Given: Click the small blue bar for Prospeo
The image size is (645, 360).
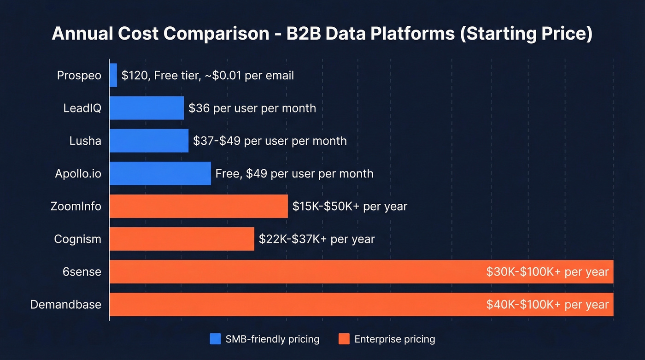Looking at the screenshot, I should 113,75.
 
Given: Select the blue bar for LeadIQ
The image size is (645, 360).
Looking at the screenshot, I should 147,108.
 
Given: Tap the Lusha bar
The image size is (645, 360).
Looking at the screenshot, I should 149,141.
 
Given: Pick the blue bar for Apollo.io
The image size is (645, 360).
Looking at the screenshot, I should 160,173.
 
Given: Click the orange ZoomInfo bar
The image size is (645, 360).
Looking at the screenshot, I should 199,206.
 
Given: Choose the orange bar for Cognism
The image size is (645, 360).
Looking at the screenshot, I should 182,239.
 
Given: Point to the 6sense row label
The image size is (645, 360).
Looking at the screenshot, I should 82,272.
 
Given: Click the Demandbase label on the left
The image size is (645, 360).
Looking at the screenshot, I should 66,305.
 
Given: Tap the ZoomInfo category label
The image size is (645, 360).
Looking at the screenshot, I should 76,206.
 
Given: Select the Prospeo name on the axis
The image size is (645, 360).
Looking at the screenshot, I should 79,75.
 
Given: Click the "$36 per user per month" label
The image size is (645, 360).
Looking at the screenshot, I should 252,108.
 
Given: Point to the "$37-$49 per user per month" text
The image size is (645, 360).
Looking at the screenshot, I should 270,141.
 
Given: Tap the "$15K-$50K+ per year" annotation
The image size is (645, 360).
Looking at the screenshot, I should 350,206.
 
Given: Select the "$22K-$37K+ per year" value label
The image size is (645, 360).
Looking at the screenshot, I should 317,239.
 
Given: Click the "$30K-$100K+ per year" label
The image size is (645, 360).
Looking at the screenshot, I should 547,272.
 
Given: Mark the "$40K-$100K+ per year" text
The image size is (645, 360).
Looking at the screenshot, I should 547,305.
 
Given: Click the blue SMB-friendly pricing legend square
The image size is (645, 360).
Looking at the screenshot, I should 215,339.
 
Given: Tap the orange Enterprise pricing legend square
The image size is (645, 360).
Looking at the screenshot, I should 344,339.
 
